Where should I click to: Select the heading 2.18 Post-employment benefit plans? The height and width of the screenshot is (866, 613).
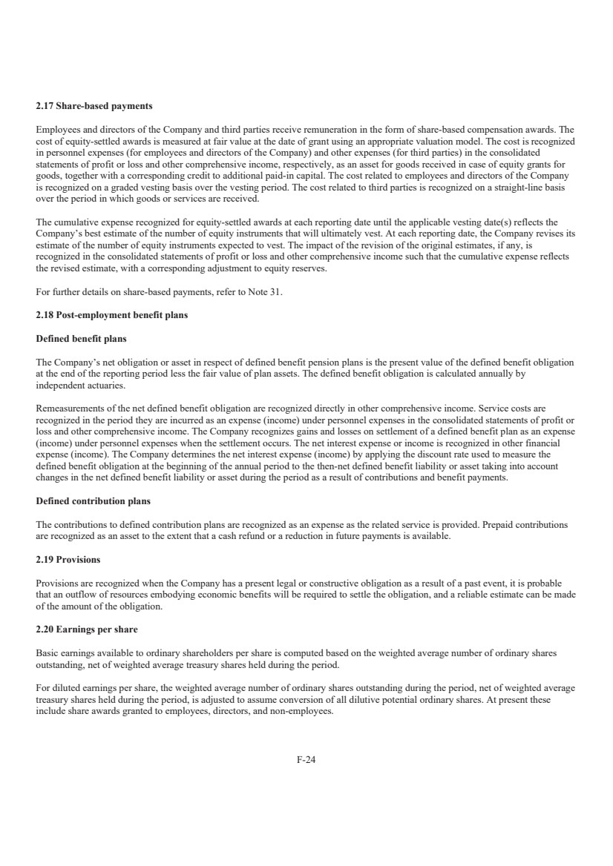tap(112, 315)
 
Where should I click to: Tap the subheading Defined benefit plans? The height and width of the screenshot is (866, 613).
tap(82, 339)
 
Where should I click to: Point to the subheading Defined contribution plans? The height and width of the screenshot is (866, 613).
tap(93, 501)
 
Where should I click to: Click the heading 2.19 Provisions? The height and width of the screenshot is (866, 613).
tap(68, 558)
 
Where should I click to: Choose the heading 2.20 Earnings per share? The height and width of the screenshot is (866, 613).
tap(87, 629)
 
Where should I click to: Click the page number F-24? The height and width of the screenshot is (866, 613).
tap(306, 759)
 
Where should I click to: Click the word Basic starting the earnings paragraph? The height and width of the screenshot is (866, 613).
tap(47, 653)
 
